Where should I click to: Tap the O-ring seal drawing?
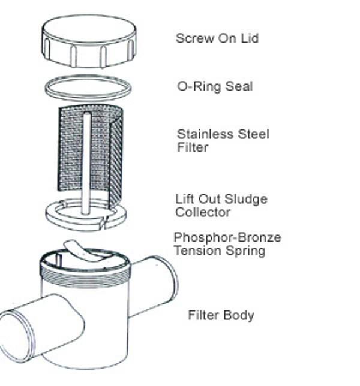[x=88, y=88]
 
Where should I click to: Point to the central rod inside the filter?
[x=87, y=162]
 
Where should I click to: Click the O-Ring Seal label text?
[x=215, y=86]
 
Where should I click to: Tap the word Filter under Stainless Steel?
[x=192, y=147]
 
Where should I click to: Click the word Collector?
[x=203, y=212]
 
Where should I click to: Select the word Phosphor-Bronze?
[x=227, y=237]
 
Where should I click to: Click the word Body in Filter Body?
[x=239, y=315]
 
